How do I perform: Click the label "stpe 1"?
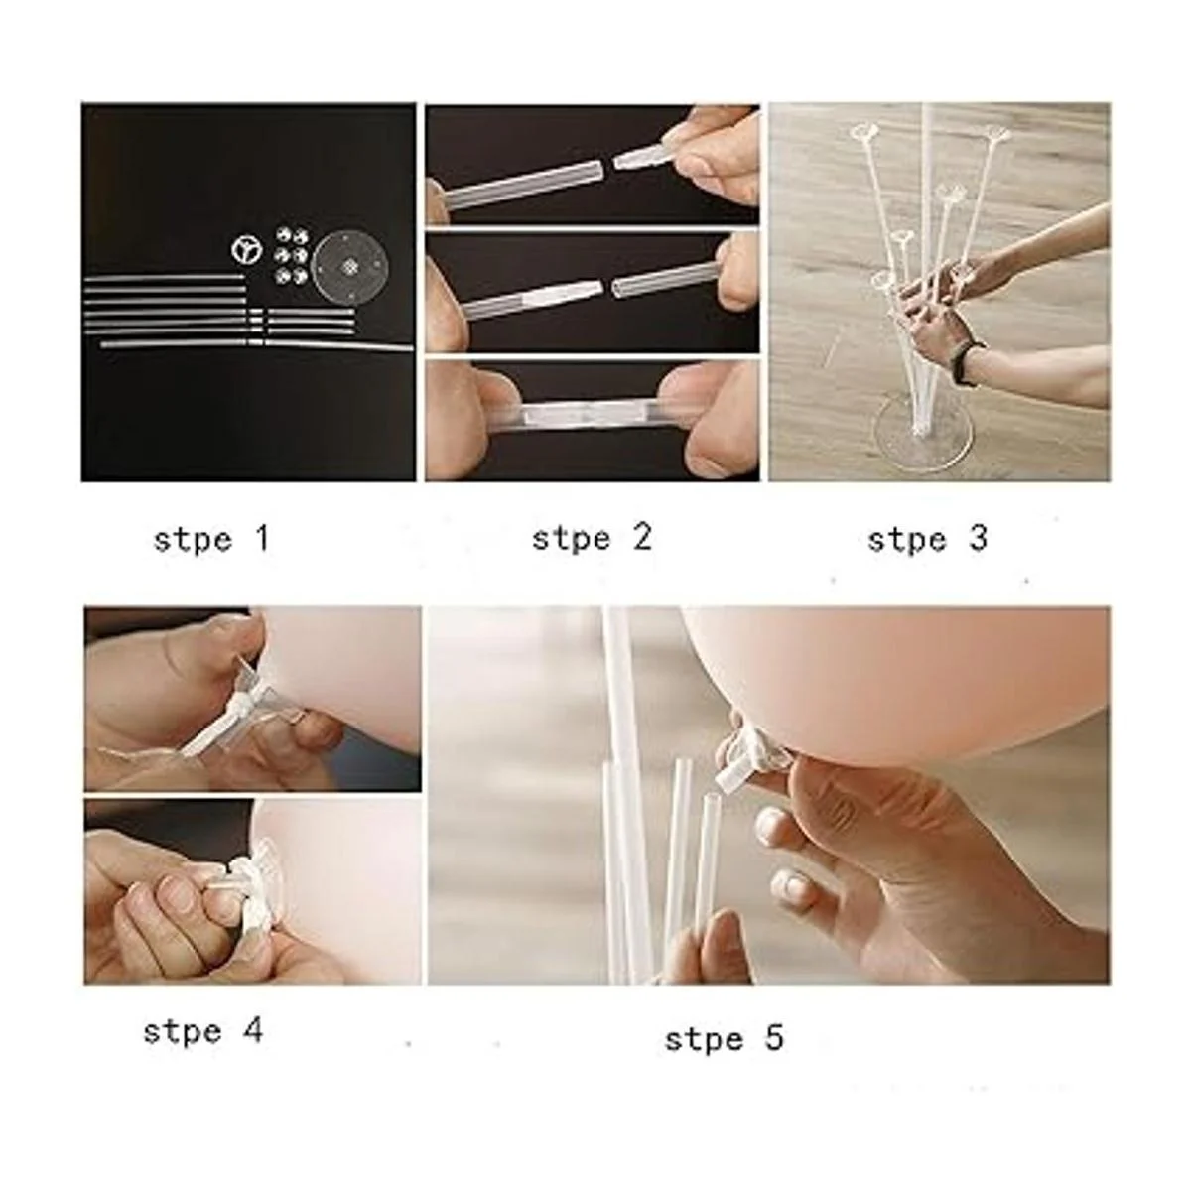click(211, 539)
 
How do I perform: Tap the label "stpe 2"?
click(592, 538)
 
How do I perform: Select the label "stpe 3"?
click(927, 539)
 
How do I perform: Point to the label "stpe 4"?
click(203, 1031)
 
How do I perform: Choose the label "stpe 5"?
click(725, 1038)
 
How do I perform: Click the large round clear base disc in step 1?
click(349, 267)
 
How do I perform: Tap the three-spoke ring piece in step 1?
click(247, 250)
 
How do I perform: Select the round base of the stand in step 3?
click(923, 434)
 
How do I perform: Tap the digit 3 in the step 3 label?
click(978, 538)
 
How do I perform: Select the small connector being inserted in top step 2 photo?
click(641, 155)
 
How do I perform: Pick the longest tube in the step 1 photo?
click(256, 343)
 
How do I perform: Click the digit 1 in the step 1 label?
click(263, 538)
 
